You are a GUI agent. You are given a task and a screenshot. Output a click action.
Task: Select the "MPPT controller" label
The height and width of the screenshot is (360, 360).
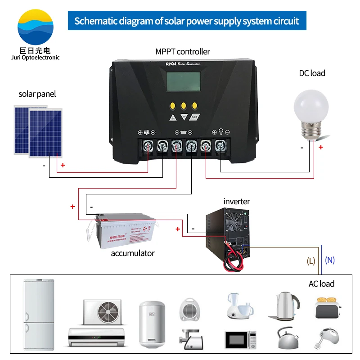[183, 51]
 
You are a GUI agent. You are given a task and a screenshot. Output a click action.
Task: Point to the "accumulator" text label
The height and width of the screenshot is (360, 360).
[133, 253]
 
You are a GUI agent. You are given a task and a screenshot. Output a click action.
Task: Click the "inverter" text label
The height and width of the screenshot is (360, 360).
[236, 201]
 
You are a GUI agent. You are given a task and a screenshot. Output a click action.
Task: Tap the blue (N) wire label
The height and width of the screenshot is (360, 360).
[330, 260]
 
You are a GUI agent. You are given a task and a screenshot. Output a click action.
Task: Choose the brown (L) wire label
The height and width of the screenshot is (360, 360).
[311, 261]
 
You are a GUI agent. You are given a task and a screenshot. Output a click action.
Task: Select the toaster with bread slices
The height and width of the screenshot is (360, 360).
[327, 307]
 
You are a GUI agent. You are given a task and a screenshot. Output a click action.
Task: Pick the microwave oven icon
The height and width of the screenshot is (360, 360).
[241, 340]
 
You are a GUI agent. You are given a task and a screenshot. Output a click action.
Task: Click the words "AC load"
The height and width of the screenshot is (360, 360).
[321, 283]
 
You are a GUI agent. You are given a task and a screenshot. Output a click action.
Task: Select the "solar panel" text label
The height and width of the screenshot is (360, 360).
[37, 94]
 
